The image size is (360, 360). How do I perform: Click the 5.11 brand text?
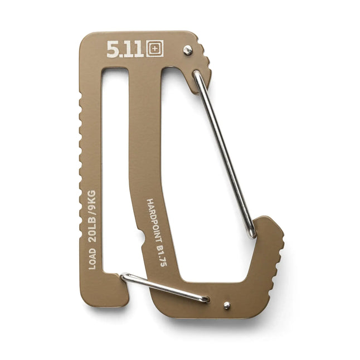coord(126,50)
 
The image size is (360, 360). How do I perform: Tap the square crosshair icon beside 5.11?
coord(155,49)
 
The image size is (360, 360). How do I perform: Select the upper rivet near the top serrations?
coord(188,50)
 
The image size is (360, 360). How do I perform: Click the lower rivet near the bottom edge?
coord(227,305)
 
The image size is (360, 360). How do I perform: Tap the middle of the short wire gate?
coord(164,288)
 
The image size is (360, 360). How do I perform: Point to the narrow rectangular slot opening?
coord(114,167)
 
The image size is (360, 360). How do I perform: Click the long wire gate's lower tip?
coord(252,234)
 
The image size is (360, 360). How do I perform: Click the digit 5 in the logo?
coord(112,50)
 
